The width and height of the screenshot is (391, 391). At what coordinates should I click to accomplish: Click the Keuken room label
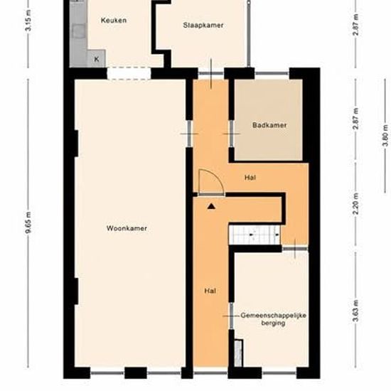(114, 20)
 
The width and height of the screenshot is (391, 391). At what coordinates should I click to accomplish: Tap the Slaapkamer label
(203, 25)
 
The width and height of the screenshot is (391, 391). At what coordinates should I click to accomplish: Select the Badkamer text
(269, 125)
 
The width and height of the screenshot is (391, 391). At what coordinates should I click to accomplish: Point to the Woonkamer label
(127, 228)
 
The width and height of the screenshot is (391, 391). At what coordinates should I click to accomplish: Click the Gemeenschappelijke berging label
(273, 319)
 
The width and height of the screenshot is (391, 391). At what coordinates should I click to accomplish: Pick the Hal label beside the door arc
(250, 178)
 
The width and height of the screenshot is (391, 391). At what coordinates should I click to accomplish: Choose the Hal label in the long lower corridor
(210, 291)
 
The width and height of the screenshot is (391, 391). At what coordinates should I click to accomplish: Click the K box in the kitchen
(96, 58)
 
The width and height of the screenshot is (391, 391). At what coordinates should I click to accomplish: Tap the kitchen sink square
(78, 31)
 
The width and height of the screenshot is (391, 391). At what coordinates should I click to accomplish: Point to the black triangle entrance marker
(211, 206)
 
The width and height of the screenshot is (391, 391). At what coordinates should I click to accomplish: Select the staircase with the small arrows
(255, 235)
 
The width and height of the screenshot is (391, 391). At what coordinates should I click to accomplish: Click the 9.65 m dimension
(28, 223)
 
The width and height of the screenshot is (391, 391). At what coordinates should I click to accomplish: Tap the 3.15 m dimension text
(28, 21)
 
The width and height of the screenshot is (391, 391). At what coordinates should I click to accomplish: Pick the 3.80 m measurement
(385, 136)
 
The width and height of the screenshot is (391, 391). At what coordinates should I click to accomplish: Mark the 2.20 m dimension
(356, 204)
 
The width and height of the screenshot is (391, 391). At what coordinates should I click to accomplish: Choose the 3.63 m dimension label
(356, 311)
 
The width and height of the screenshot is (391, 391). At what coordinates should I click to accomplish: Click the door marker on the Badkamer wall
(232, 134)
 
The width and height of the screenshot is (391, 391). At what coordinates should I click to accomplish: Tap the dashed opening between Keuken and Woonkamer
(129, 73)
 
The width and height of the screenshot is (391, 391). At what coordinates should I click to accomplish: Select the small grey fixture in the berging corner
(238, 353)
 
